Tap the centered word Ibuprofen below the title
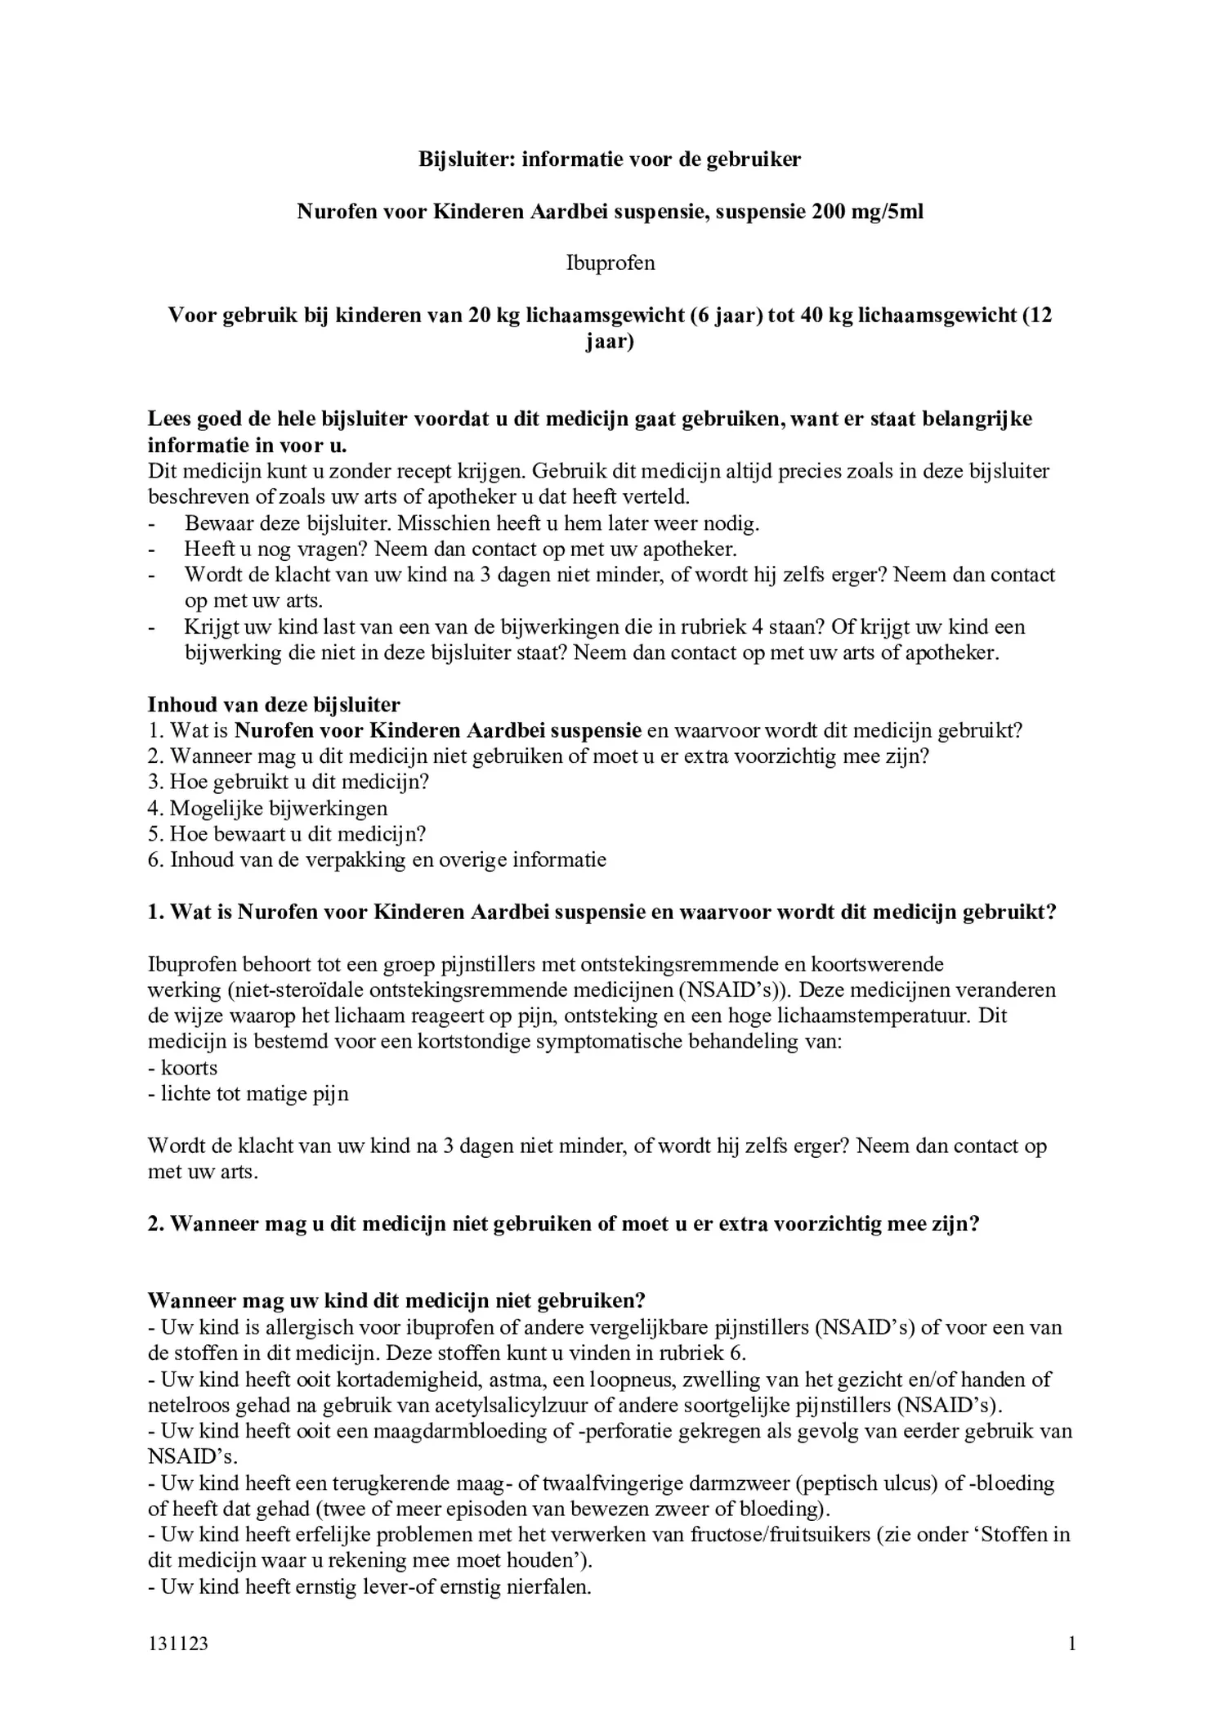(610, 263)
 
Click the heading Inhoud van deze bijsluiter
(274, 705)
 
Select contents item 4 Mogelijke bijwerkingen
(268, 809)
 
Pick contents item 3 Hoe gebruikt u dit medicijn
(288, 783)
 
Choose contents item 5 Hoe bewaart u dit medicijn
(288, 835)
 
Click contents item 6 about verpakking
(378, 860)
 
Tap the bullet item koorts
(182, 1069)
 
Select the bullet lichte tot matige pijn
(248, 1095)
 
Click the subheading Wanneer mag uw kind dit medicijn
(396, 1301)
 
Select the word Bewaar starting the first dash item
(215, 523)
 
